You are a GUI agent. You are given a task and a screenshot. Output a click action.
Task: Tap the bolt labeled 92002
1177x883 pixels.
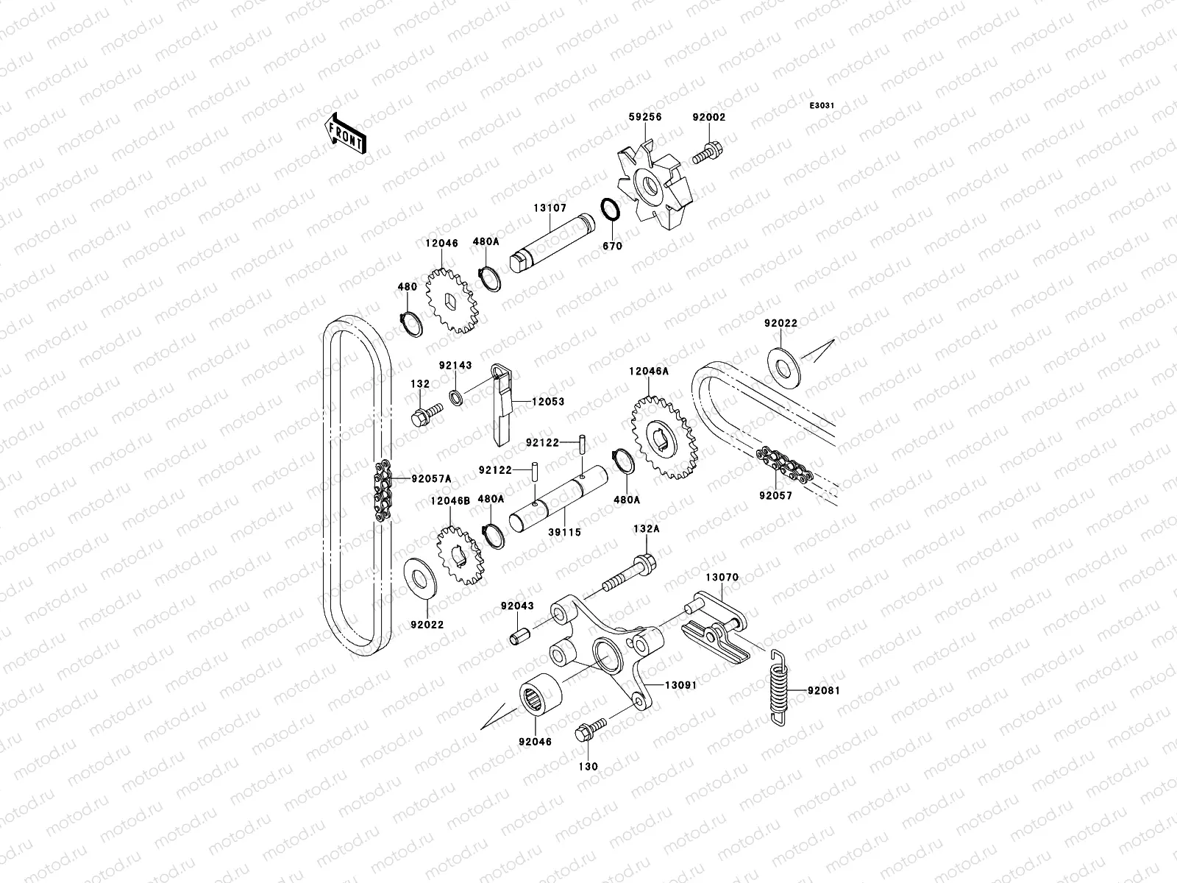(x=710, y=155)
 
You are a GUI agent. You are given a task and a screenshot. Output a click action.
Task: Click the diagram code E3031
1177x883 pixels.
(x=822, y=106)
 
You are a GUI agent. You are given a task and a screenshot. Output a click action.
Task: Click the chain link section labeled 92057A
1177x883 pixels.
(x=383, y=491)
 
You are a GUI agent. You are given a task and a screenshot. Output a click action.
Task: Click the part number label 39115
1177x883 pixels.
(x=563, y=531)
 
